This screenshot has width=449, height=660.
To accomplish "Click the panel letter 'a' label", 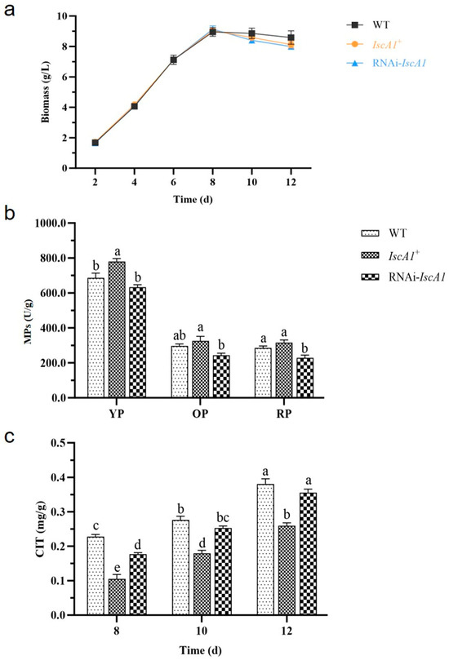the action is click(8, 9).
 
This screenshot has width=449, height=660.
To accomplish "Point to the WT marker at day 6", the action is click(173, 60).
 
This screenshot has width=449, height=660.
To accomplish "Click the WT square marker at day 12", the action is click(291, 38).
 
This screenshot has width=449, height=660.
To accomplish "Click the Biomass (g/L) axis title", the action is click(45, 92).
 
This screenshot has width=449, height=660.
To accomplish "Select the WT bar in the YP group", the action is click(96, 338).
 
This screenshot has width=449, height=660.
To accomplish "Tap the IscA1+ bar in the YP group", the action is click(117, 330).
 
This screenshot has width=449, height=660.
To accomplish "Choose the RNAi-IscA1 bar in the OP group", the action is click(221, 376).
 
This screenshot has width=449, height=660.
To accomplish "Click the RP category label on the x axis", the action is click(284, 414).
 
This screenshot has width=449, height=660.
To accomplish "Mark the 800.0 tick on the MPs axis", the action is click(54, 258).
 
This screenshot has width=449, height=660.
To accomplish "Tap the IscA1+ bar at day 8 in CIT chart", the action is click(117, 597).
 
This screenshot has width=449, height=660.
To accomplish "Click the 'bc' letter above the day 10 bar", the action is click(223, 518).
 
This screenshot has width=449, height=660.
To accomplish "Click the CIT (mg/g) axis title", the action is click(41, 529).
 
